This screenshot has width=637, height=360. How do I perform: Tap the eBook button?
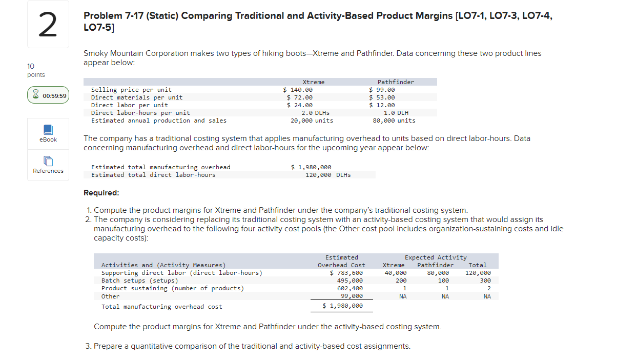48,133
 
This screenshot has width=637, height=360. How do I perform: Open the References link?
48,165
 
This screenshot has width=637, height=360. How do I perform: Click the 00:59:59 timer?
48,95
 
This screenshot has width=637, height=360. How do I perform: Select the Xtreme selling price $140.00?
298,90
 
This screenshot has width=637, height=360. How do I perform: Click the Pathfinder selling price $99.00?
382,90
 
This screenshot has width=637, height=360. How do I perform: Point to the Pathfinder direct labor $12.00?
382,105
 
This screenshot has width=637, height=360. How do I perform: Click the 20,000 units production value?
312,121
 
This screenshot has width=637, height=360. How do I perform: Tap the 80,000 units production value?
394,121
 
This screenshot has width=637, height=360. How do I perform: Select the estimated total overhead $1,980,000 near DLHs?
311,167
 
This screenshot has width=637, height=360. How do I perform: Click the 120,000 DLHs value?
328,175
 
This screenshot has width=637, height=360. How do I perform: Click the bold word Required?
101,193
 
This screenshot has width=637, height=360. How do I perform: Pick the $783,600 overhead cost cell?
346,273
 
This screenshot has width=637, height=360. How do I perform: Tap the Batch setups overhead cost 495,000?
350,281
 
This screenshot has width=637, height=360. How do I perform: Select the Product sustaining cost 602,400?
350,288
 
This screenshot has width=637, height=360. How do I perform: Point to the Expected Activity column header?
436,257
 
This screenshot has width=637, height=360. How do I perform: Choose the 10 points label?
35,70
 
